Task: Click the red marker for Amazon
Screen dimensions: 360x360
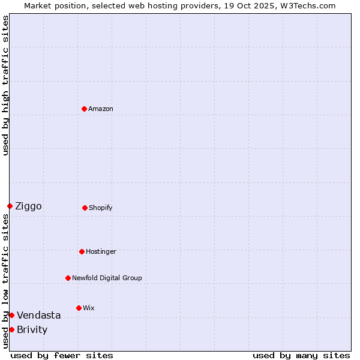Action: coord(84,109)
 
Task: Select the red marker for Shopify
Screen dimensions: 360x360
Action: coord(85,208)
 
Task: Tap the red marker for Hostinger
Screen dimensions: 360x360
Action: coord(82,251)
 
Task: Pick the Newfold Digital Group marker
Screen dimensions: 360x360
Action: coord(68,278)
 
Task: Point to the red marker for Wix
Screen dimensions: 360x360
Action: coord(79,308)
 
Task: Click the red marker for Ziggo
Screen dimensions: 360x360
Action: coord(10,206)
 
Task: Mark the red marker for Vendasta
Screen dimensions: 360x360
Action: coord(11,315)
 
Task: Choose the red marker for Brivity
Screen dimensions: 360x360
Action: coord(11,329)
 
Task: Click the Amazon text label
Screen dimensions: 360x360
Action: coord(101,109)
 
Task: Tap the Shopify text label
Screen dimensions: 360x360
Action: coord(101,208)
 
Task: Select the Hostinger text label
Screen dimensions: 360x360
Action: coord(101,251)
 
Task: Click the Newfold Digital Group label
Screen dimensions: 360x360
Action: coord(107,278)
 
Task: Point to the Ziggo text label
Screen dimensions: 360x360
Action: coord(28,206)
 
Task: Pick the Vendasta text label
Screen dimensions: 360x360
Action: coord(38,316)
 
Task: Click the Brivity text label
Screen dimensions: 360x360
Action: coord(32,330)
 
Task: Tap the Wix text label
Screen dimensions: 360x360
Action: coord(88,308)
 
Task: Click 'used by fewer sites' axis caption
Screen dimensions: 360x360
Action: coord(62,355)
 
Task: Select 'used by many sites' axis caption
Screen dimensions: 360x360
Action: coord(301,355)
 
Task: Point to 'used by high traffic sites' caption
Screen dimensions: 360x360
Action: coord(5,85)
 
